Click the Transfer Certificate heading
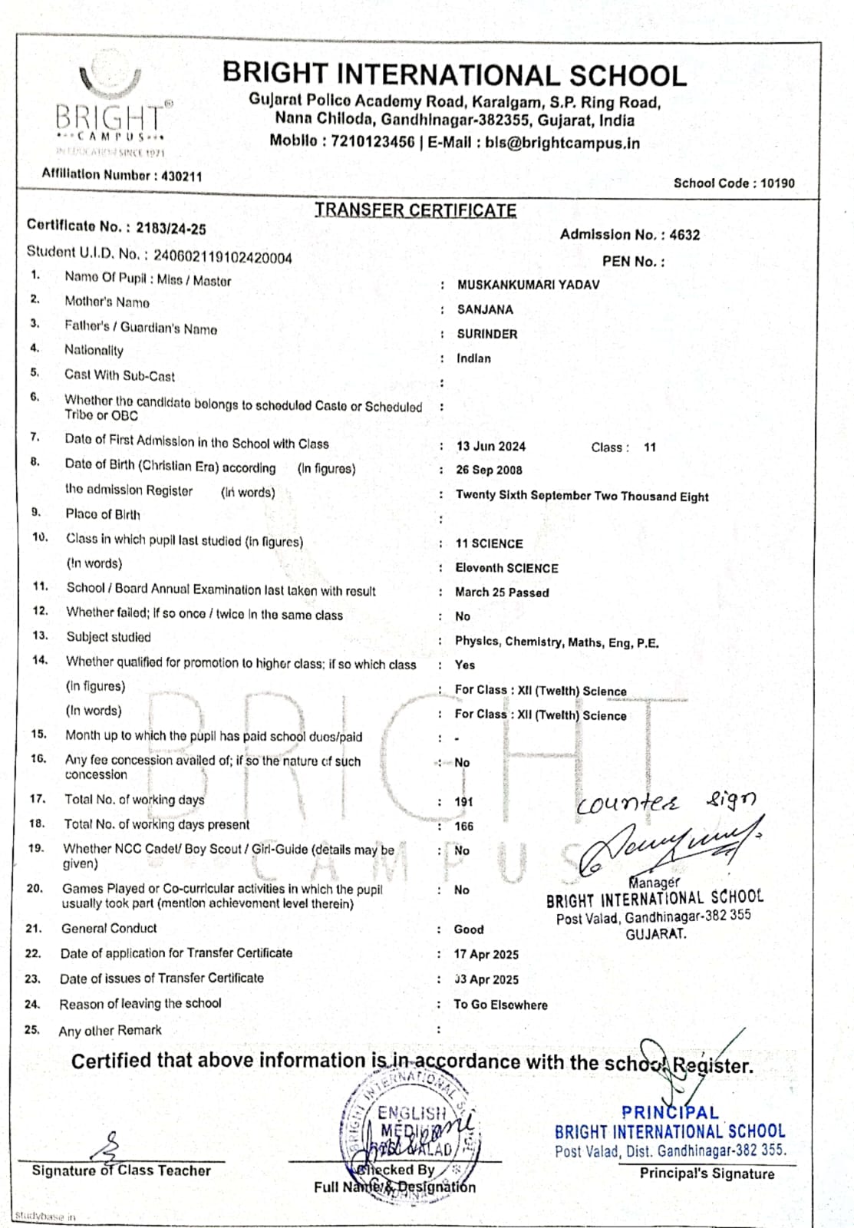point(415,210)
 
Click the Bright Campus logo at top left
point(109,107)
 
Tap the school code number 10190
point(777,183)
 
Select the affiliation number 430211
point(183,176)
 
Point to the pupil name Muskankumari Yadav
point(528,285)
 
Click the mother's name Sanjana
point(485,309)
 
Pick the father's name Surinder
point(487,334)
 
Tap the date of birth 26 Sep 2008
point(489,470)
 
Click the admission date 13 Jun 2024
point(490,446)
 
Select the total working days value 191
point(463,801)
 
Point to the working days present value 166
point(463,826)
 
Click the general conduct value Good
point(468,929)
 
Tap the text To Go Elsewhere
point(500,1005)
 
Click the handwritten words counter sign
point(665,802)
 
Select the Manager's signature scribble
point(668,844)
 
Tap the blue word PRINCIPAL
point(670,1112)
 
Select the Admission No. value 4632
point(684,235)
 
